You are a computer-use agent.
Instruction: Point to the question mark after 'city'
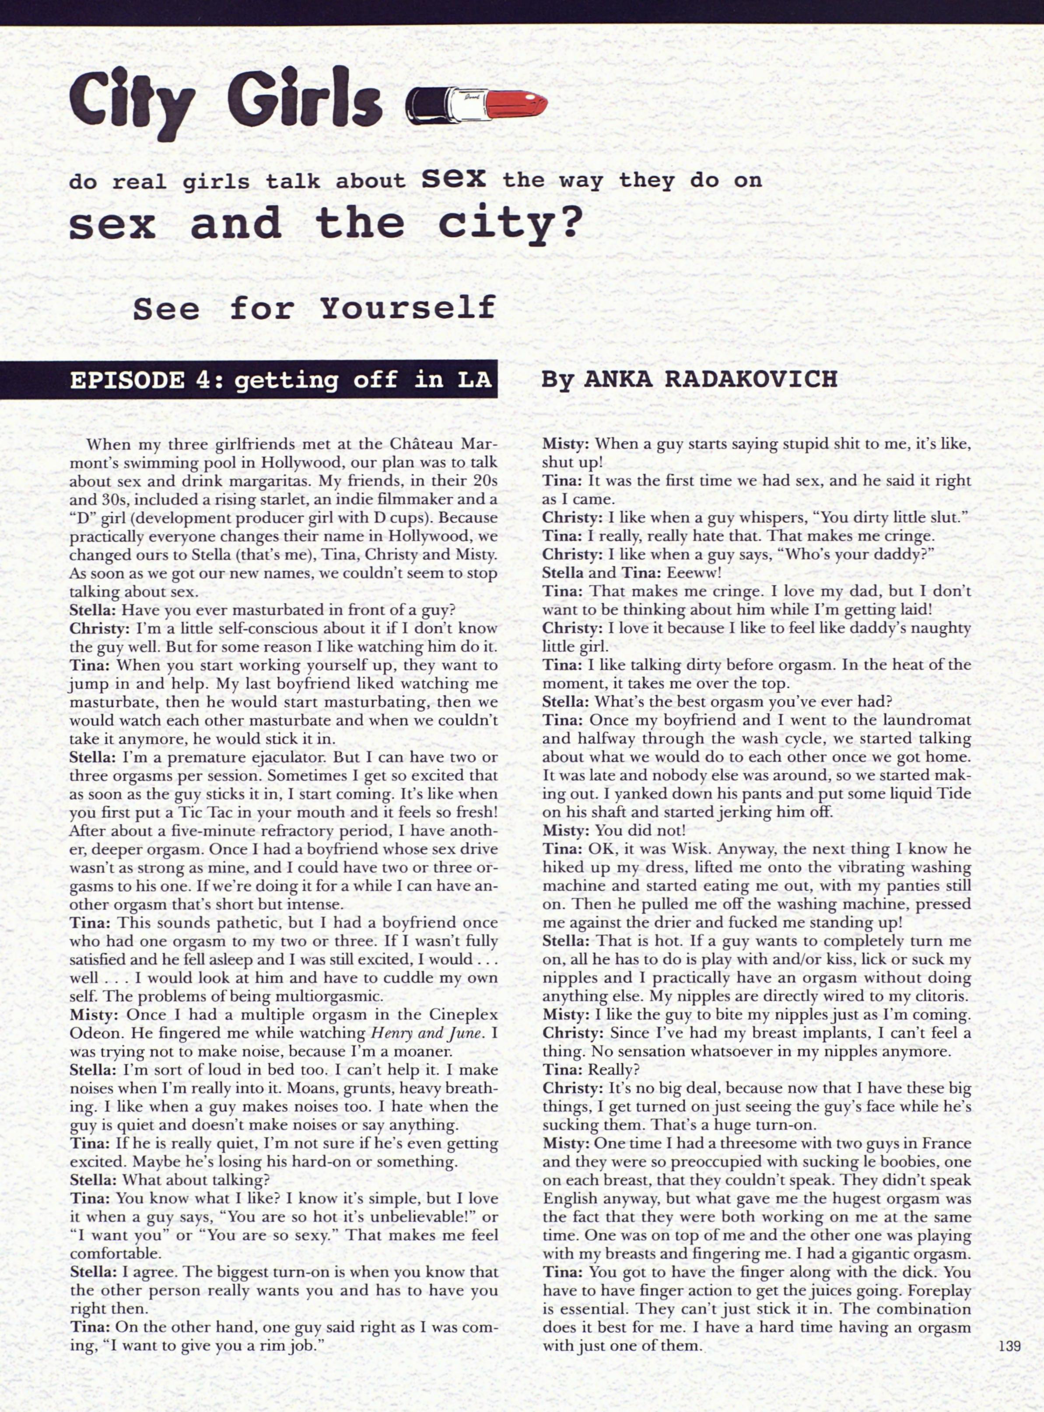pos(568,225)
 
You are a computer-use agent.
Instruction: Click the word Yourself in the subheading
pos(408,309)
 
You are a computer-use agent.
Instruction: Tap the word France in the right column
pos(946,1144)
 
